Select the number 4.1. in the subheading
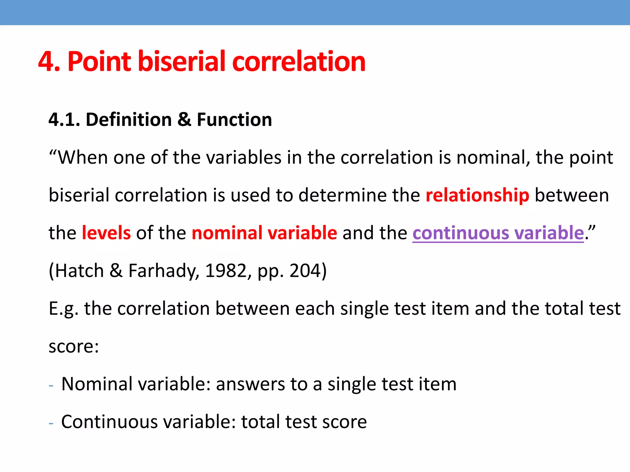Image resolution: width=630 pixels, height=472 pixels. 64,120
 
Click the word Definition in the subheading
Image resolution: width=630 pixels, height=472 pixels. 129,120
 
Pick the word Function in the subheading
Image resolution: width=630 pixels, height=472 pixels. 234,120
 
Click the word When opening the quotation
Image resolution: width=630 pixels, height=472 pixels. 83,158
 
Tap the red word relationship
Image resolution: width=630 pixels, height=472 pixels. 477,195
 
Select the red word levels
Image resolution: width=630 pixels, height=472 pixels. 106,233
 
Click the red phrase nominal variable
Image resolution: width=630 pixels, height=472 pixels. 264,233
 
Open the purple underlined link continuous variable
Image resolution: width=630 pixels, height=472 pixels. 498,233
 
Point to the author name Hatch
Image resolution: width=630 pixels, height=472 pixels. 79,271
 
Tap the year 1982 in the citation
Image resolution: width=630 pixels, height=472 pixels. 226,271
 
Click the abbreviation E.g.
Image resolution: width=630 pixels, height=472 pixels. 63,309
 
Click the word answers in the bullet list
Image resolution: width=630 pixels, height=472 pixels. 250,384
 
